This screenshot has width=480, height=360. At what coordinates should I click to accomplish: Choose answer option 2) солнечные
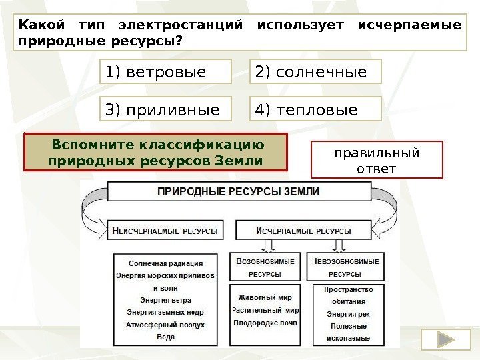pyautogui.click(x=317, y=71)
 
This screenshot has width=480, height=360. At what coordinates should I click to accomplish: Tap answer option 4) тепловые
pyautogui.click(x=317, y=109)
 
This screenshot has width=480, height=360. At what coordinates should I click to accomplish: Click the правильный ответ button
pyautogui.click(x=377, y=161)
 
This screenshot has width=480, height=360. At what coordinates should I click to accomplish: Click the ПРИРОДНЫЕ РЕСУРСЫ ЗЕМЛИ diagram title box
pyautogui.click(x=239, y=191)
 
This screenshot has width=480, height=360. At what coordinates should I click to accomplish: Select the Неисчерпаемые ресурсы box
pyautogui.click(x=165, y=231)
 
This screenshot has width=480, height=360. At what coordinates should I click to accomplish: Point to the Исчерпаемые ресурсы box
pyautogui.click(x=304, y=231)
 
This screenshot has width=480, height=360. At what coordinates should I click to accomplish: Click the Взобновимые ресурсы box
pyautogui.click(x=265, y=267)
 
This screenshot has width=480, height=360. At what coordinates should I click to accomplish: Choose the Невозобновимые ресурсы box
pyautogui.click(x=345, y=267)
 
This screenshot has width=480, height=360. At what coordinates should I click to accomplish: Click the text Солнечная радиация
pyautogui.click(x=165, y=263)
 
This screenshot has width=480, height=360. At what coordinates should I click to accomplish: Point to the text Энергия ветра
pyautogui.click(x=165, y=300)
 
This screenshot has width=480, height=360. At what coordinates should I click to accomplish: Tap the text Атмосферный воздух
pyautogui.click(x=165, y=325)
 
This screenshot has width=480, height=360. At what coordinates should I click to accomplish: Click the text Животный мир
pyautogui.click(x=265, y=297)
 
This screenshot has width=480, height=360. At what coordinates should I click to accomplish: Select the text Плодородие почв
pyautogui.click(x=265, y=323)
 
